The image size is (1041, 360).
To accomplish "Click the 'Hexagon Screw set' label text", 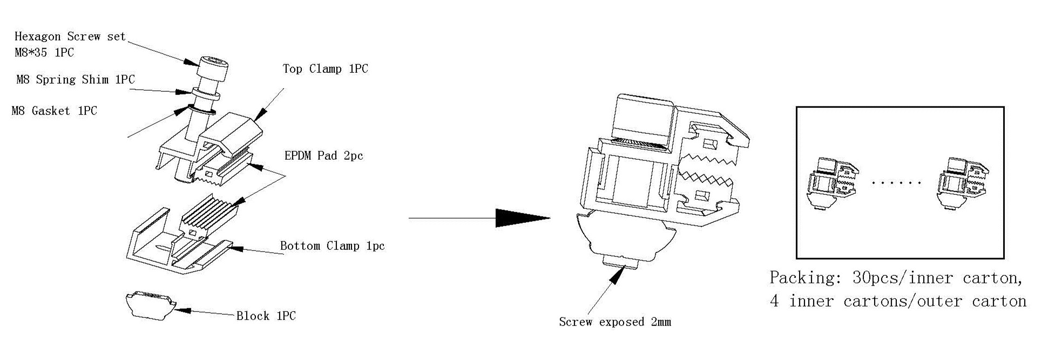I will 70,37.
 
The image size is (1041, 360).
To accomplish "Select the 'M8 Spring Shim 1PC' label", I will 76,80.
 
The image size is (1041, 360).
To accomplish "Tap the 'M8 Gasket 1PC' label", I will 55,111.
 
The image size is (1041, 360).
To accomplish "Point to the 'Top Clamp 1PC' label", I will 325,69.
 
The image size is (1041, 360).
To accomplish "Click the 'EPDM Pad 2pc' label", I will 323,156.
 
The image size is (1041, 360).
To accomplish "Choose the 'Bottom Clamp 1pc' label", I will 332,246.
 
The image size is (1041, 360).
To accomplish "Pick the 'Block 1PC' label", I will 266,316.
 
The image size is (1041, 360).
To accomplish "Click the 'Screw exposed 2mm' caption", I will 615,322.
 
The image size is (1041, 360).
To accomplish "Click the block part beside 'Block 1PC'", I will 150,305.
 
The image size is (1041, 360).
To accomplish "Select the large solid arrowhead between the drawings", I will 522,218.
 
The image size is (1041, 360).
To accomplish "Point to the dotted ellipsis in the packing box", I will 897,183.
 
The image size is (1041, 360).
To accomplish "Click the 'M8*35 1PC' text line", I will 44,53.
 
